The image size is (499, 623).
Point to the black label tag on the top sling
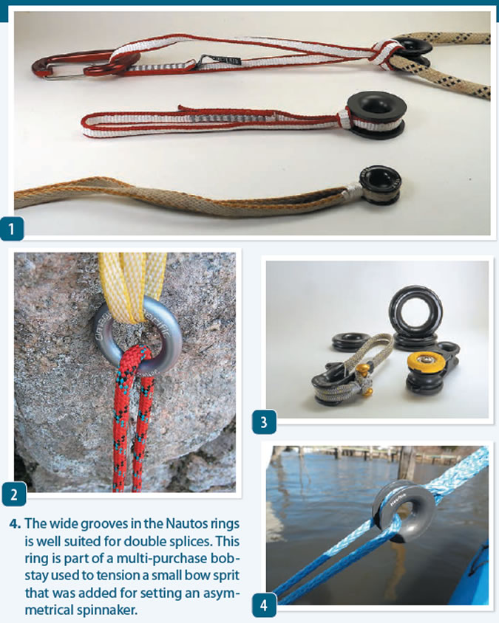(219, 58)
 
